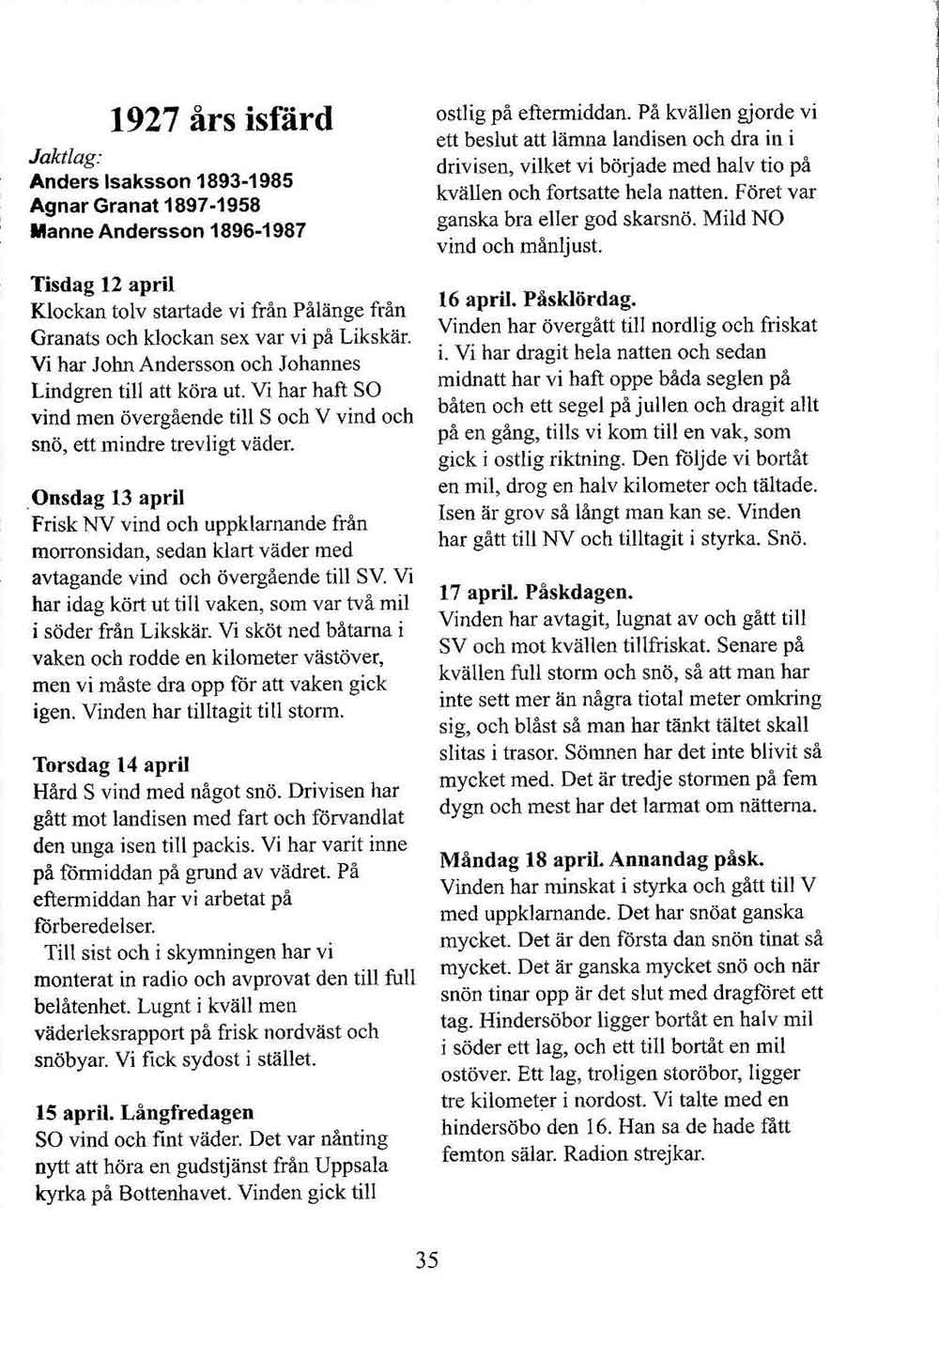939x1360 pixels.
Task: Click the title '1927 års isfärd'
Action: (222, 119)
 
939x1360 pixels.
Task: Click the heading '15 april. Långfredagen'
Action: (144, 1112)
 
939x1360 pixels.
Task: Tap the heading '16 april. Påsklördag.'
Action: (538, 300)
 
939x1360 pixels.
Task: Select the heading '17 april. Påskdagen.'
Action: (537, 594)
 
